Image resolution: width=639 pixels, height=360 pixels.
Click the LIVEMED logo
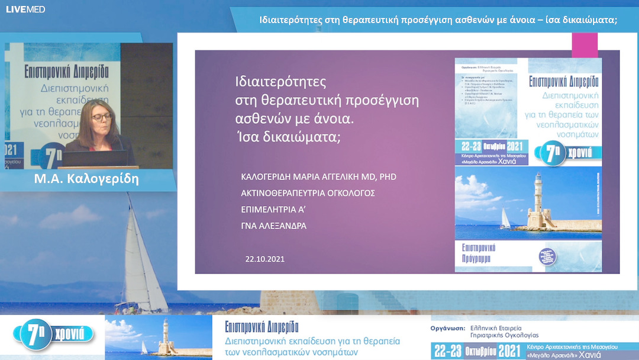(25, 9)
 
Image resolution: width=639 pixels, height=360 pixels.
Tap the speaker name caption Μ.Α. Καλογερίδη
(86, 179)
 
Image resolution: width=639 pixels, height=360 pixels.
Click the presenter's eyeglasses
(102, 117)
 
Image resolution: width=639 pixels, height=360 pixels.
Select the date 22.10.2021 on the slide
(266, 259)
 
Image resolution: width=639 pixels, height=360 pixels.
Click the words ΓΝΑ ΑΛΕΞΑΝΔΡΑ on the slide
(273, 226)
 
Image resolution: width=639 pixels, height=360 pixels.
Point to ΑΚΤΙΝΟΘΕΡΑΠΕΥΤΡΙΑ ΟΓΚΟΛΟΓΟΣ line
(308, 193)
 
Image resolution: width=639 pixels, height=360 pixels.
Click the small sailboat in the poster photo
(505, 219)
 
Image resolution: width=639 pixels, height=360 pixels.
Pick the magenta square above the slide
(585, 45)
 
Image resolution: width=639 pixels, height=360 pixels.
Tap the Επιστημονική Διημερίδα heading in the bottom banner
(262, 326)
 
